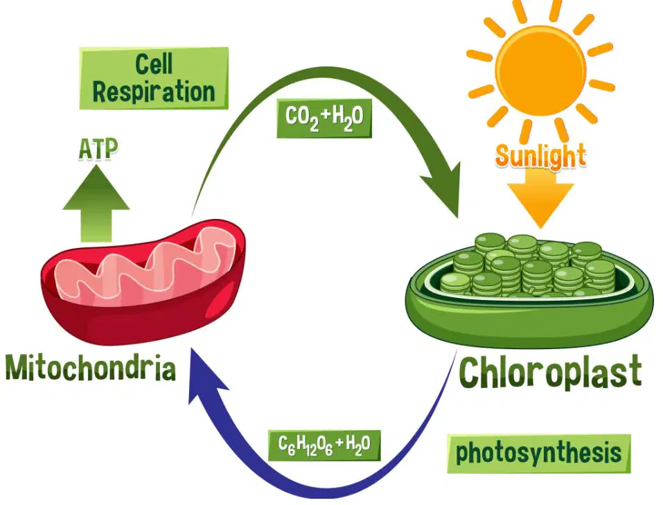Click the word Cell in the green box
pyautogui.click(x=154, y=64)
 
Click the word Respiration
pyautogui.click(x=154, y=91)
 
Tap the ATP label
pyautogui.click(x=98, y=149)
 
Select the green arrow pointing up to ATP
pyautogui.click(x=96, y=204)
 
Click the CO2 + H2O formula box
pyautogui.click(x=324, y=117)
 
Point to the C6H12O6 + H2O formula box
pyautogui.click(x=324, y=445)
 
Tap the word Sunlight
pyautogui.click(x=540, y=156)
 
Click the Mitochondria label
pyautogui.click(x=91, y=368)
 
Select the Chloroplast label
pyautogui.click(x=551, y=372)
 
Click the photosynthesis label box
pyautogui.click(x=539, y=454)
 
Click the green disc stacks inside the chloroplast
pyautogui.click(x=529, y=265)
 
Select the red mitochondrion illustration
pyautogui.click(x=143, y=282)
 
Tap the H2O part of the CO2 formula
pyautogui.click(x=348, y=117)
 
